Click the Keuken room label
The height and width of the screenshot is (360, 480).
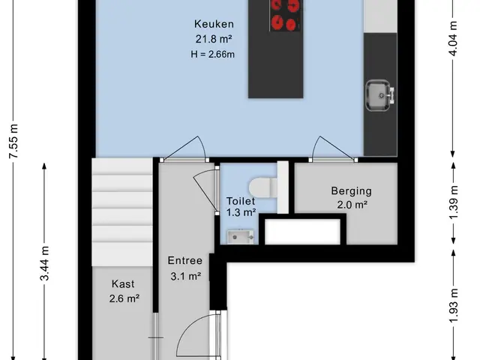pos(214,24)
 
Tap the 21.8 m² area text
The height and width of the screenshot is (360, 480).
pos(214,39)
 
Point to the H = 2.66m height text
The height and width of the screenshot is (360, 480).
pos(213,54)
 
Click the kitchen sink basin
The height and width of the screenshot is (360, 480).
pos(377,95)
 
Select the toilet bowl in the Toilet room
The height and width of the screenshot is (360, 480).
pos(262,187)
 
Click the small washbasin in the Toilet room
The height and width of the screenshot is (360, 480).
pos(240,237)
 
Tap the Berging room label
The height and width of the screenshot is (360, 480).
pos(352,191)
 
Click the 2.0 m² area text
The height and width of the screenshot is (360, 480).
pos(352,205)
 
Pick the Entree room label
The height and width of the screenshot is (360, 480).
pos(185,260)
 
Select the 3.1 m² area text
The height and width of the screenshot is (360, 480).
pos(185,277)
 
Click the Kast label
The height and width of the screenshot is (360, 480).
pos(123,283)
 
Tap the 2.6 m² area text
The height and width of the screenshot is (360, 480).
pos(124,298)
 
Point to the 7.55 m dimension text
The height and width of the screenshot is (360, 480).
pos(13,141)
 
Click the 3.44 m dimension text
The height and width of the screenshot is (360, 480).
pos(45,263)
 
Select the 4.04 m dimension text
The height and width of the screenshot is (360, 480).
pos(453,38)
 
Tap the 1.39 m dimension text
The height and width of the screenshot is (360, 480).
pos(454,202)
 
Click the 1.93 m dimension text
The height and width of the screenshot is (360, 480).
pos(454,305)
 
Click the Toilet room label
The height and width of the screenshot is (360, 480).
pos(241,201)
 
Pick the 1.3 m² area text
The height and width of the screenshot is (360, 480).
pos(241,212)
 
